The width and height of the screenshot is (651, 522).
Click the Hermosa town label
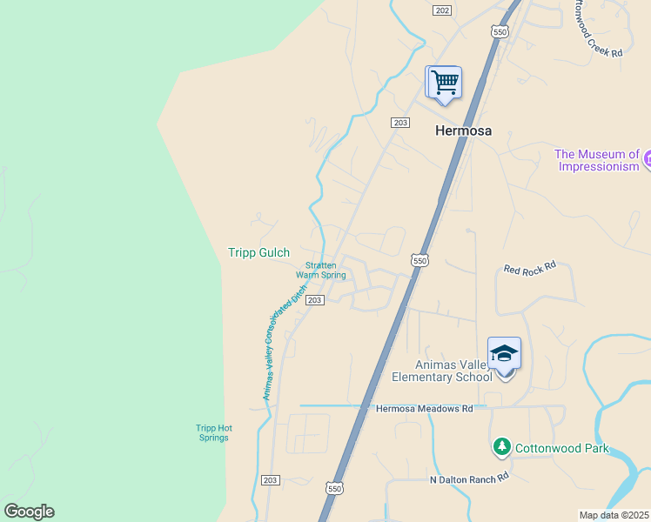[x=462, y=131]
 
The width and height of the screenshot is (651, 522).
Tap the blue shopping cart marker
[x=444, y=83]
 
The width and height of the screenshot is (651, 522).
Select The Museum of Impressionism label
[x=598, y=160]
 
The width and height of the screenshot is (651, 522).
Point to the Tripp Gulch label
[x=258, y=252]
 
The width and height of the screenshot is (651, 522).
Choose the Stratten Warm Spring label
[x=321, y=271]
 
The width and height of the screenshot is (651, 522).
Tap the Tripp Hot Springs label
[x=212, y=432]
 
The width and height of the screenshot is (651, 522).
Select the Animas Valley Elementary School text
[x=441, y=371]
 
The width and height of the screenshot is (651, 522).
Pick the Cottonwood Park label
[x=561, y=449]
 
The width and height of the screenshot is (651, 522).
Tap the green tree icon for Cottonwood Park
[x=501, y=447]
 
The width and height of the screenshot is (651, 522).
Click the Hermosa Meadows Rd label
[x=424, y=408]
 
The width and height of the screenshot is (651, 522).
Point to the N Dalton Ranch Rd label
[x=468, y=478]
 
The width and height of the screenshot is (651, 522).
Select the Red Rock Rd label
[x=529, y=269]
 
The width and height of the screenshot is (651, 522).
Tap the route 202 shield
[x=442, y=10]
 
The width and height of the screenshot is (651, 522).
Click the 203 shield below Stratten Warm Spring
[x=315, y=300]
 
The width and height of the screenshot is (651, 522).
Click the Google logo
[x=29, y=512]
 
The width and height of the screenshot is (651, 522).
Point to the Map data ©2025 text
[x=614, y=515]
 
